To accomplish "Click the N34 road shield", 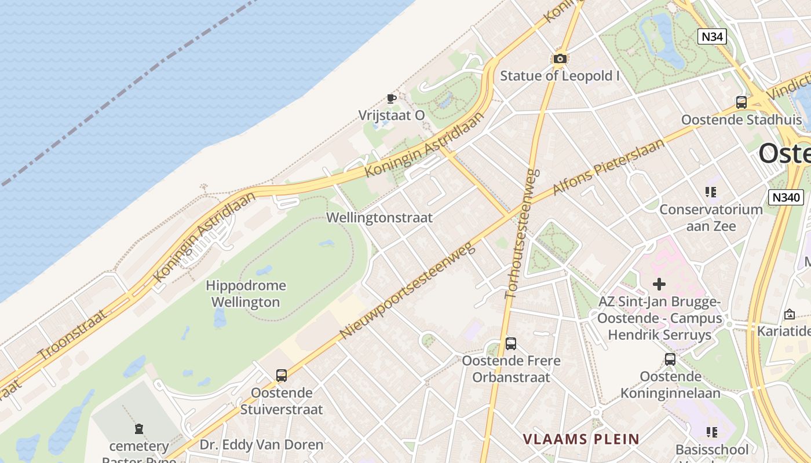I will pyautogui.click(x=711, y=36).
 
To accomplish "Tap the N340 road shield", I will pyautogui.click(x=786, y=197).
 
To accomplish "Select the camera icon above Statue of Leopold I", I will pyautogui.click(x=560, y=58).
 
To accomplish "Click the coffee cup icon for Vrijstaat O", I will pyautogui.click(x=392, y=98).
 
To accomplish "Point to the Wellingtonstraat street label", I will pyautogui.click(x=379, y=218).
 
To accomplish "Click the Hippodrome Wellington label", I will pyautogui.click(x=246, y=293).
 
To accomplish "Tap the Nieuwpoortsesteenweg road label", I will pyautogui.click(x=407, y=291).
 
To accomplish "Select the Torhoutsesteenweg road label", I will pyautogui.click(x=522, y=233).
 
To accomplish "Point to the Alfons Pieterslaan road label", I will pyautogui.click(x=608, y=167).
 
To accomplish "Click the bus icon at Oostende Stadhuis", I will pyautogui.click(x=741, y=102).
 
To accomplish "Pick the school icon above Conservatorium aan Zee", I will pyautogui.click(x=711, y=192).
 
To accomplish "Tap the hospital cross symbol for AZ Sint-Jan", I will pyautogui.click(x=659, y=284).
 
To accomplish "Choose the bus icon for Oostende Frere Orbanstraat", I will pyautogui.click(x=510, y=344).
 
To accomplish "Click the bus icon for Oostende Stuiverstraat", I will pyautogui.click(x=281, y=376).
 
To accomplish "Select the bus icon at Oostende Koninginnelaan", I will pyautogui.click(x=670, y=359).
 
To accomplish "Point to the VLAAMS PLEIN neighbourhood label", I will pyautogui.click(x=581, y=439).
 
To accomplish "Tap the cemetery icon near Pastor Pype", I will pyautogui.click(x=139, y=429).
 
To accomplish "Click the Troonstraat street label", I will pyautogui.click(x=72, y=335).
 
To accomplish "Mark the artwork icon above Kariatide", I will pyautogui.click(x=789, y=314).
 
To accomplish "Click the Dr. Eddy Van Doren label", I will pyautogui.click(x=261, y=445).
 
